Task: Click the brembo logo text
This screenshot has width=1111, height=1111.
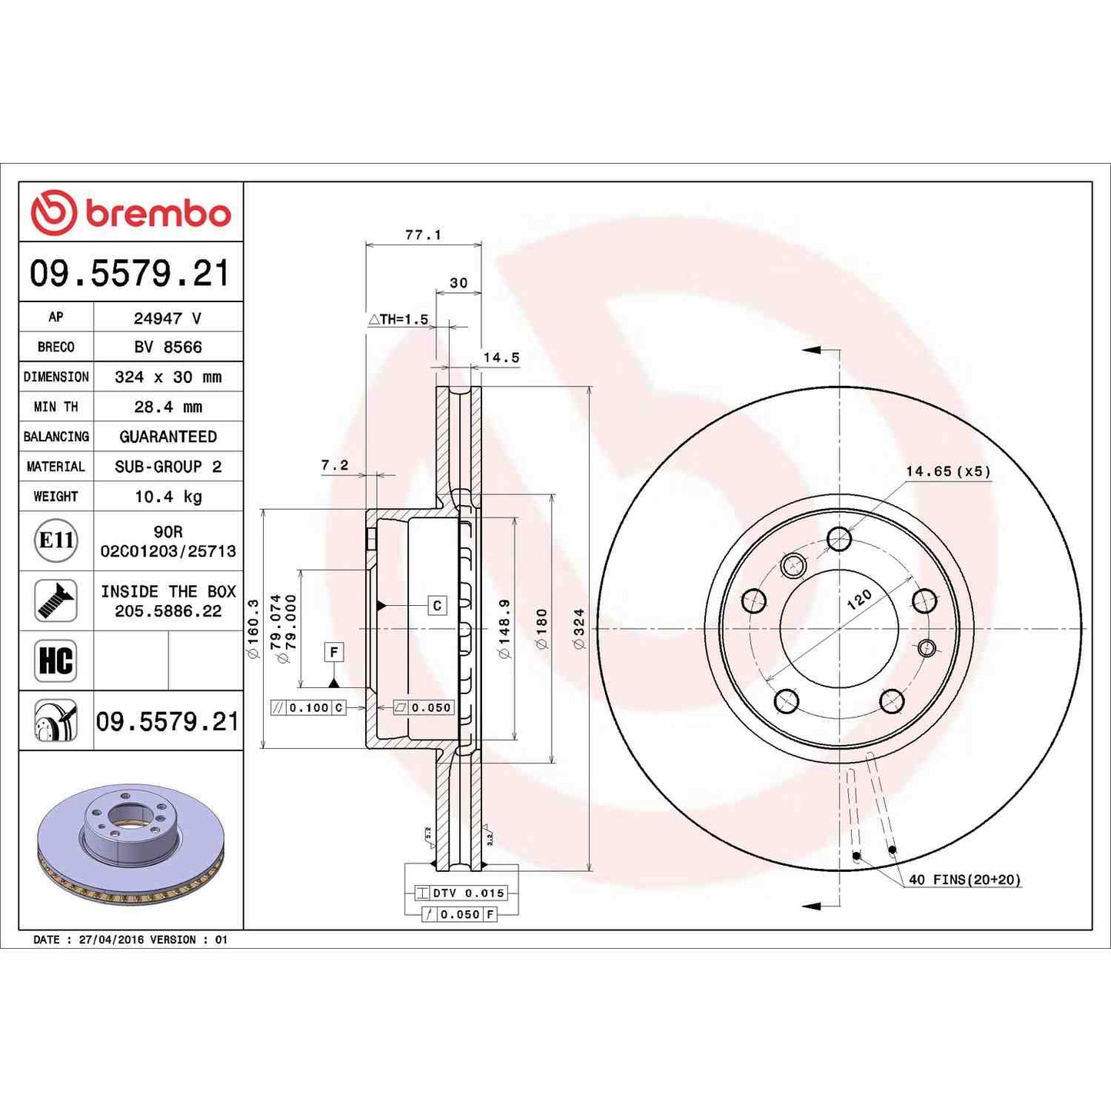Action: [x=158, y=213]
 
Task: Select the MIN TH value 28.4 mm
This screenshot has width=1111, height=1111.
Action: [x=168, y=407]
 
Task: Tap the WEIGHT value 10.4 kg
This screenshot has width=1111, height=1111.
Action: [x=168, y=497]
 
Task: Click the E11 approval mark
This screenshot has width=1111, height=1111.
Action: [x=56, y=541]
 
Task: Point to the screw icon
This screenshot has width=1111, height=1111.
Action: [x=55, y=600]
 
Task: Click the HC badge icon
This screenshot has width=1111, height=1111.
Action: [x=55, y=660]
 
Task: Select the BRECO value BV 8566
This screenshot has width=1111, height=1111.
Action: [x=168, y=347]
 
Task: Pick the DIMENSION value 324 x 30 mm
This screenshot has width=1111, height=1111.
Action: [x=168, y=377]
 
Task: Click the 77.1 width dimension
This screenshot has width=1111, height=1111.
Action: [x=423, y=235]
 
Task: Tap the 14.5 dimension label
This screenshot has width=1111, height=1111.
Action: [x=501, y=358]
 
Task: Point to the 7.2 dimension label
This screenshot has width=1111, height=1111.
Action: [x=334, y=465]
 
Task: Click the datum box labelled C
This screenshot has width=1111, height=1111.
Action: [x=437, y=606]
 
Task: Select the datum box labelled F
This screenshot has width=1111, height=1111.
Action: [x=334, y=652]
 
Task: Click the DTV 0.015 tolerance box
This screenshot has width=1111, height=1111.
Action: [x=461, y=893]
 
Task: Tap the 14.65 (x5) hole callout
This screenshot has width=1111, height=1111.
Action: [x=947, y=471]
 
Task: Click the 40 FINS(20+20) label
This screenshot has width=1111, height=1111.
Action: [x=964, y=880]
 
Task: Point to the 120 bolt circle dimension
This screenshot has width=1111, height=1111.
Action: [x=859, y=599]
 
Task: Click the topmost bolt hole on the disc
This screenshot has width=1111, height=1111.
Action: [x=839, y=538]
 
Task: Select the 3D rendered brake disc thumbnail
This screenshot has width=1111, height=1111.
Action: [x=131, y=842]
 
